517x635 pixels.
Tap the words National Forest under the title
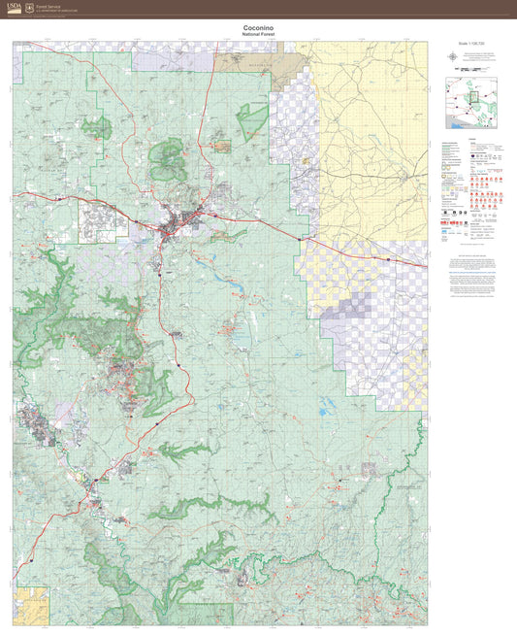(257, 34)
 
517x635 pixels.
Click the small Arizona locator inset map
(471, 106)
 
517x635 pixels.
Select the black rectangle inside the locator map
(472, 96)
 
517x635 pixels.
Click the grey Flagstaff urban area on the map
(179, 227)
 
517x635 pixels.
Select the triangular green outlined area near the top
(252, 118)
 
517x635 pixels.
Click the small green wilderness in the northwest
(96, 127)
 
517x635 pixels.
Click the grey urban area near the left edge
(34, 424)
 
